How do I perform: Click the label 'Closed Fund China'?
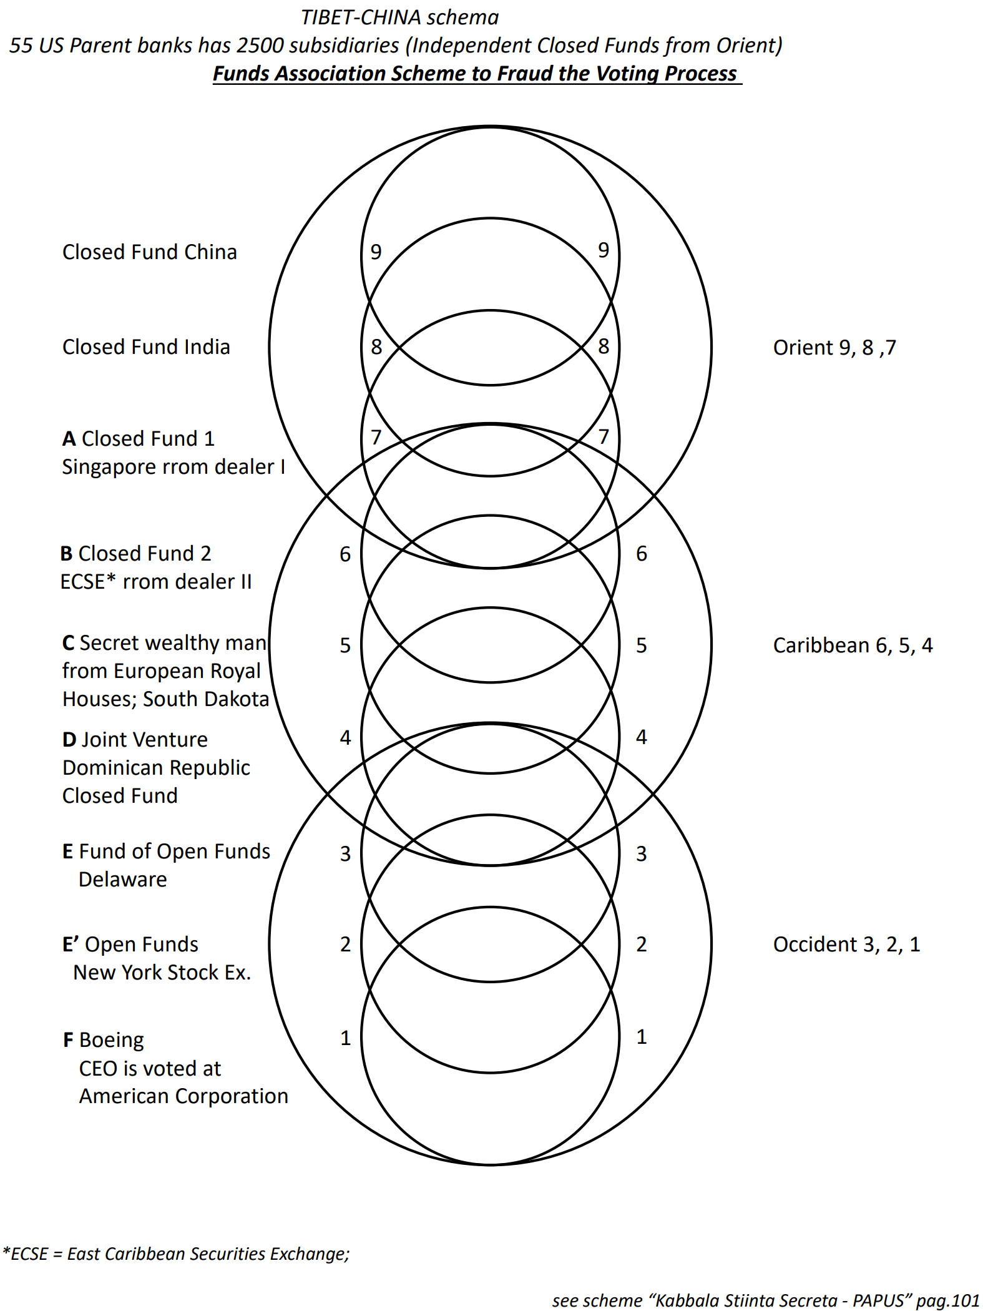[x=150, y=252]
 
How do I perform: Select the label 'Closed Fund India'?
[x=146, y=347]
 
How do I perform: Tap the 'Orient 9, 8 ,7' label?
[x=834, y=348]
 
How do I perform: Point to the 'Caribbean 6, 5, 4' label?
[x=853, y=646]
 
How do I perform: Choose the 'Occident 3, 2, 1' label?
[x=846, y=945]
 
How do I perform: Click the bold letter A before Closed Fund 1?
[x=69, y=439]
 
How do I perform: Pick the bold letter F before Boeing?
[x=68, y=1040]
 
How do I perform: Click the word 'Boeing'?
[x=112, y=1040]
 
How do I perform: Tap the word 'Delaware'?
[x=123, y=880]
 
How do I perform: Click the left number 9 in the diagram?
[x=376, y=252]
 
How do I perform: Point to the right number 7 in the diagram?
[x=604, y=437]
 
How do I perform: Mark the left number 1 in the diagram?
[x=346, y=1038]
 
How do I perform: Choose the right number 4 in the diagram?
[x=642, y=737]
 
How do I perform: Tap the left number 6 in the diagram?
[x=345, y=554]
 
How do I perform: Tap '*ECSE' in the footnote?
[x=26, y=1254]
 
